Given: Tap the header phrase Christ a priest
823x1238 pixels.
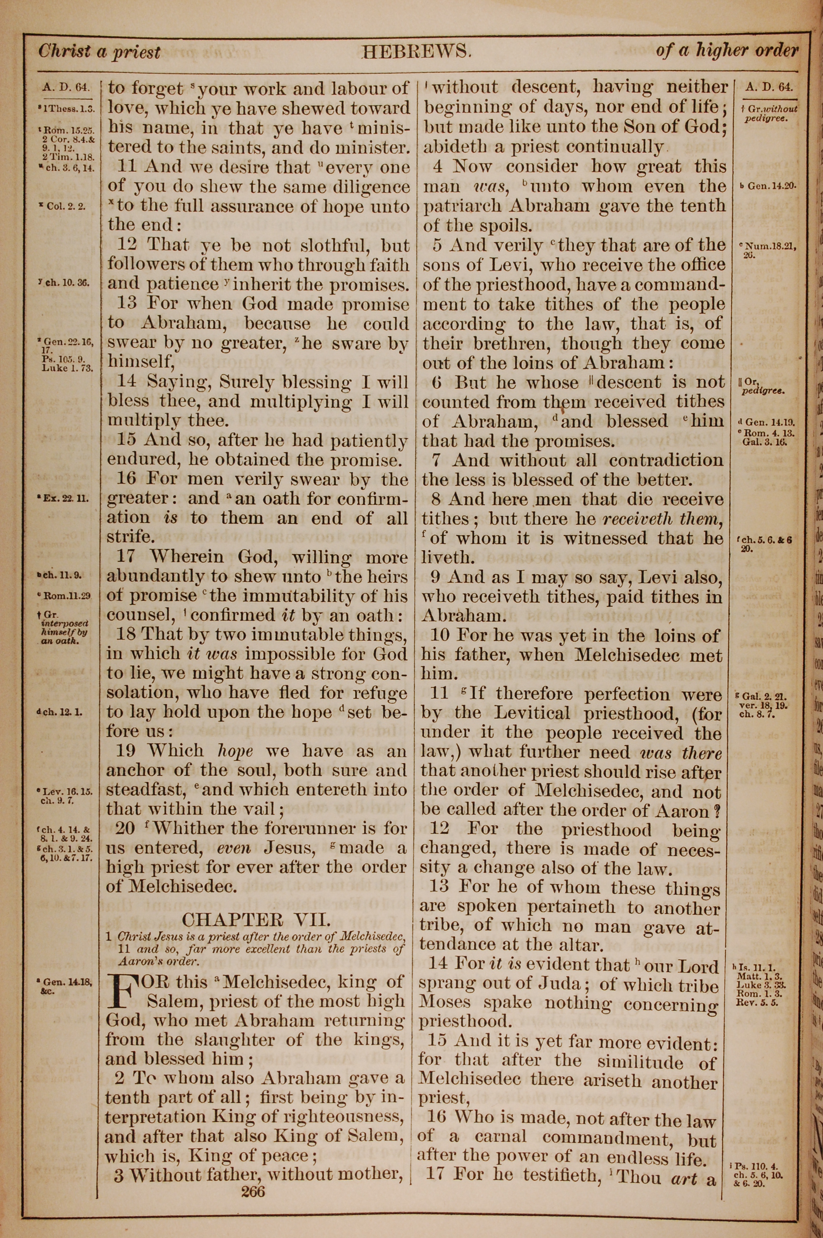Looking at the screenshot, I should (99, 51).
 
